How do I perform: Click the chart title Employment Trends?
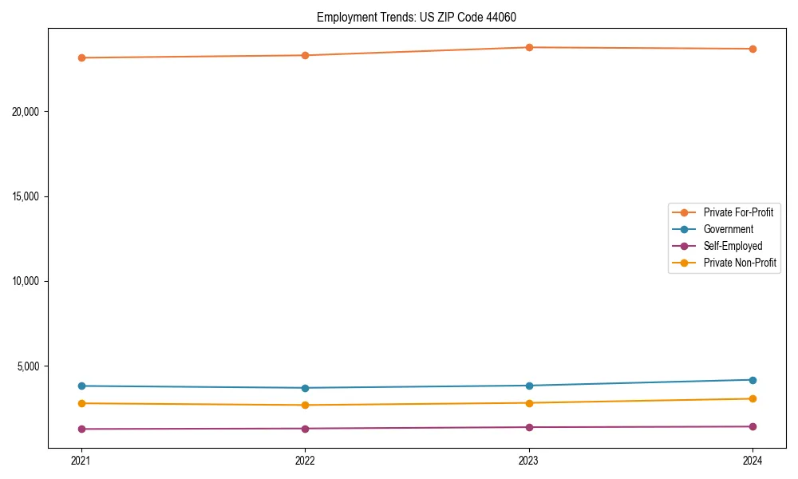(422, 17)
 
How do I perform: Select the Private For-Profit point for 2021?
(81, 57)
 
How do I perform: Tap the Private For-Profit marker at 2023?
(529, 47)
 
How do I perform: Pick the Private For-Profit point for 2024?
(753, 49)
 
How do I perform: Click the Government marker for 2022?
(305, 388)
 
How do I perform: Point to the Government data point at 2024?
(753, 380)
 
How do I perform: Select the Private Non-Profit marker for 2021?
(81, 403)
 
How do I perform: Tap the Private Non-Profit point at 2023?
(529, 403)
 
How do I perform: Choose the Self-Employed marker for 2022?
(305, 429)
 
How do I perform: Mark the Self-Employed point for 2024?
(753, 426)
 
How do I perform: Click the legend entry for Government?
(728, 229)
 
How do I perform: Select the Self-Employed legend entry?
(733, 246)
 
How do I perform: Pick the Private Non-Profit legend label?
(740, 263)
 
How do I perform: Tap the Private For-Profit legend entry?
(738, 212)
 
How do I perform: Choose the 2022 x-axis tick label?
(305, 461)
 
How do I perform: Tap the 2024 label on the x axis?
(753, 461)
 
